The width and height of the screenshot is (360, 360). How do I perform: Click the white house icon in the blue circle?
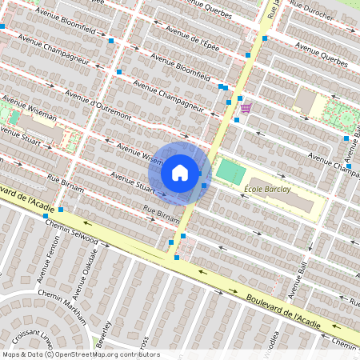pos(180,172)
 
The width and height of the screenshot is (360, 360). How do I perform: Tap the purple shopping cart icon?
pos(246,107)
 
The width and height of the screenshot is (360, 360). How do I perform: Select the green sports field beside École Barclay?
pos(230,170)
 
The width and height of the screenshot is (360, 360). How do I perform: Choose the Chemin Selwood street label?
pos(73,232)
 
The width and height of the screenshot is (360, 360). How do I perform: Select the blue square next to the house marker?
pos(204,186)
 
